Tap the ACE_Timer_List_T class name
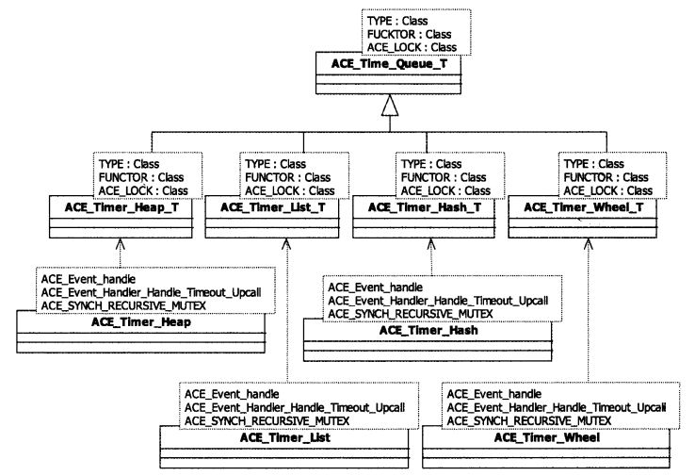pos(276,206)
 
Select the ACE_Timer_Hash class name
pos(425,330)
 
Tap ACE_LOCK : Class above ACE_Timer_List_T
pos(287,190)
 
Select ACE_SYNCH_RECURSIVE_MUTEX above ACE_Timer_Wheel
pos(529,419)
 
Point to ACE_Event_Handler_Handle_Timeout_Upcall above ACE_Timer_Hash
pos(436,300)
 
